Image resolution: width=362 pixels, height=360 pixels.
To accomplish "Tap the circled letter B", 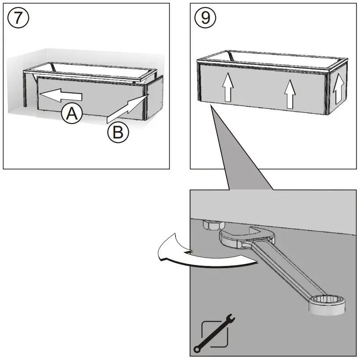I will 118,132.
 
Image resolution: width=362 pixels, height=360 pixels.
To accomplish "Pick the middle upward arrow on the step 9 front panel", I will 289,94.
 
